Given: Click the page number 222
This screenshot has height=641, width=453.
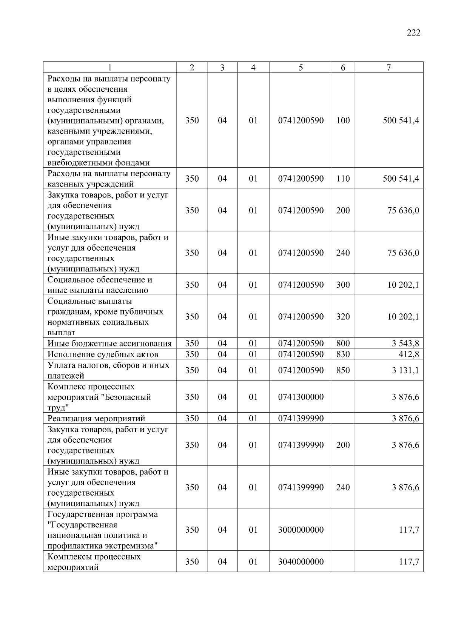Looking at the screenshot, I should pos(413,33).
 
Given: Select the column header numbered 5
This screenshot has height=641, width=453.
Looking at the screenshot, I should pos(300,68).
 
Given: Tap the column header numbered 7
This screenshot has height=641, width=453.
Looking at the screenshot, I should pos(388,68).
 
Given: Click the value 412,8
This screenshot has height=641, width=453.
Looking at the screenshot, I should pos(408,354).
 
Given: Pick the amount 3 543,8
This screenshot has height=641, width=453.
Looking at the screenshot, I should pos(405,344).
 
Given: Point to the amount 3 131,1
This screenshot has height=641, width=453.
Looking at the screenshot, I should pos(405,370).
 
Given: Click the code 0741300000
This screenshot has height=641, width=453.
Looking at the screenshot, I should pos(300,397).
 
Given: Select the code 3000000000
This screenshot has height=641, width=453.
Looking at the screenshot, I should pos(300,530).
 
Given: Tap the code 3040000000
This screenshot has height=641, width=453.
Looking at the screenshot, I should pos(300,562).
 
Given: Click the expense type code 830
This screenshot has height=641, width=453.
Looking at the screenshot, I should pos(343,354).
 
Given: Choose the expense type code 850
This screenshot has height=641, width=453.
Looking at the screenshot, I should pos(343,370).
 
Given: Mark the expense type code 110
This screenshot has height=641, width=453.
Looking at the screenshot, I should pos(343,179).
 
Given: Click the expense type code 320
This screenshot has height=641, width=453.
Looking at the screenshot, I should pos(343,317).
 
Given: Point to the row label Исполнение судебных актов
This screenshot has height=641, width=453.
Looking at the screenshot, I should pos(103,354).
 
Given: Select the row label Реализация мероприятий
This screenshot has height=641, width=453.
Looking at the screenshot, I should pos(96,419).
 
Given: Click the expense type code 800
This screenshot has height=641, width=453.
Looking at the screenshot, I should pos(343,344).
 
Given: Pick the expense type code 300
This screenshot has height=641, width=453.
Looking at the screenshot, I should pos(343,285).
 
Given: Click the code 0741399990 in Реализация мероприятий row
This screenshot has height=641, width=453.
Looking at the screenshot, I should pos(300,418).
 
